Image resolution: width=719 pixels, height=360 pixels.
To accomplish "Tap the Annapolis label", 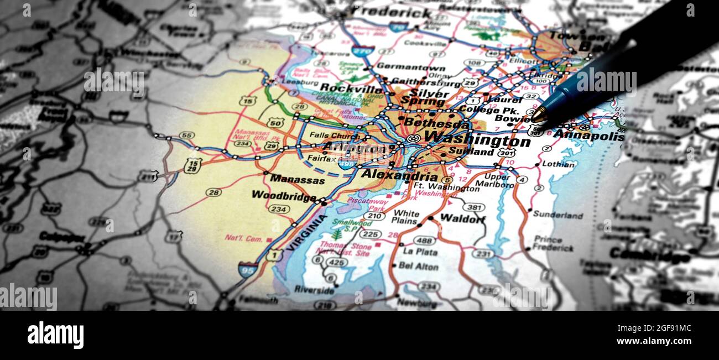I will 588,135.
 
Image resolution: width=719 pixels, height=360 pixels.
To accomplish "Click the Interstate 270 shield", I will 362,51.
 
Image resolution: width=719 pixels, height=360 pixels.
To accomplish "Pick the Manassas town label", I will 297,180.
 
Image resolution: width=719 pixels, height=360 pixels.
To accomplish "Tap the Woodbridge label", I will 283,195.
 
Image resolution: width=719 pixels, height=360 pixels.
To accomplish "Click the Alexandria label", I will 399,175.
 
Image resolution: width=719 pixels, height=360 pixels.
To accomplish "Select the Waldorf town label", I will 462,218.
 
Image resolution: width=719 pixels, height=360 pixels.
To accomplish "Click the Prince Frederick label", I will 553,243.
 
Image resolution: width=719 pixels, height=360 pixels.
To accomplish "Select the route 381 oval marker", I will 473,207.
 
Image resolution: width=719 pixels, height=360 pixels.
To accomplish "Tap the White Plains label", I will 405,217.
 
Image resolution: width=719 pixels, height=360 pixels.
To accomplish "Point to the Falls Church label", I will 334,135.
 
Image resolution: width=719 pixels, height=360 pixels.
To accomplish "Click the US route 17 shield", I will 174,236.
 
